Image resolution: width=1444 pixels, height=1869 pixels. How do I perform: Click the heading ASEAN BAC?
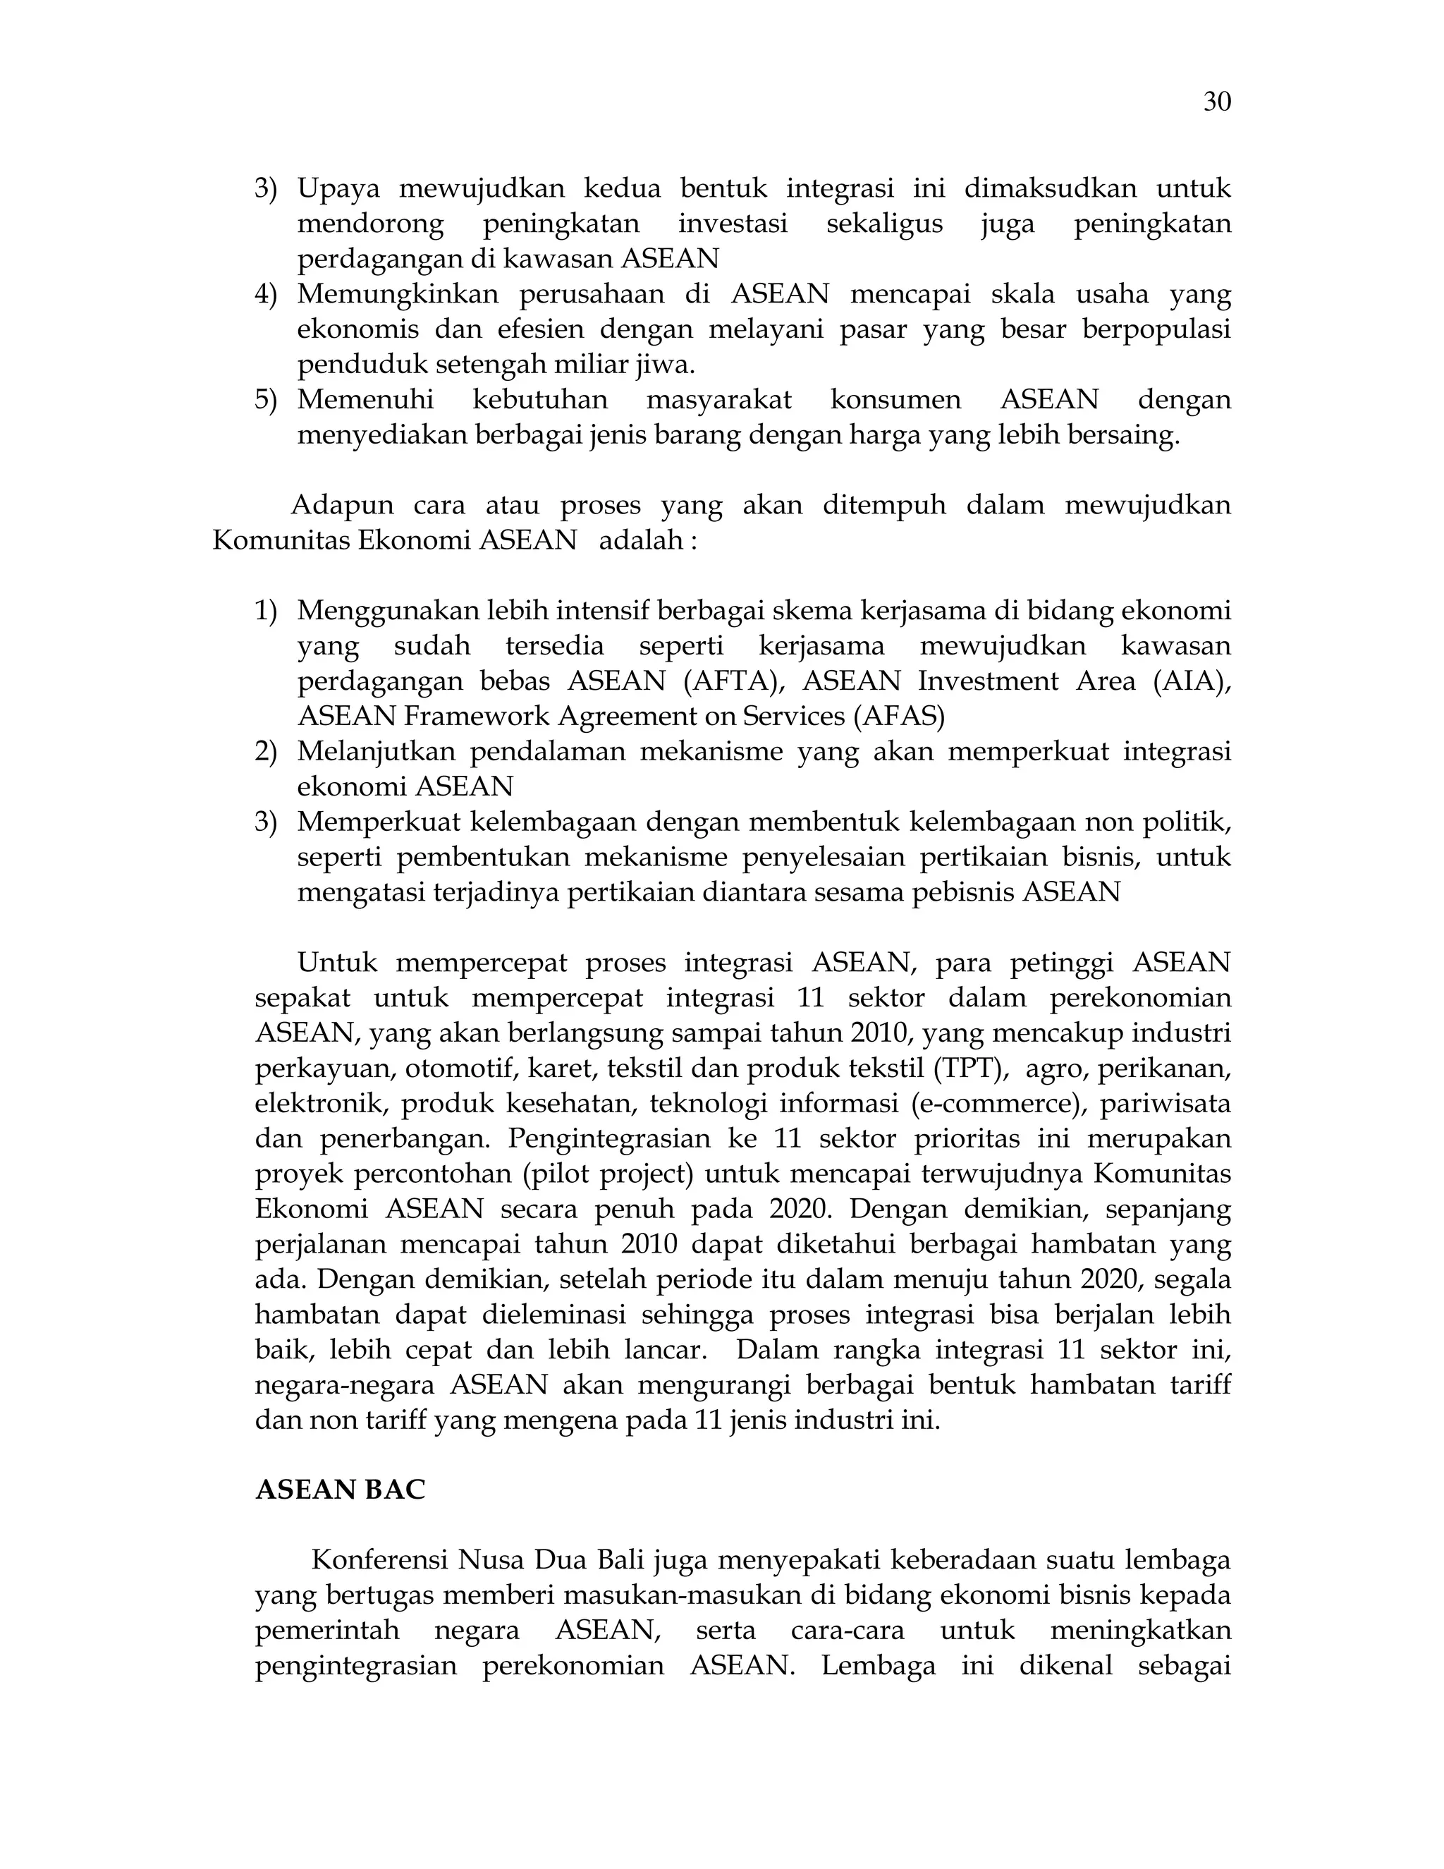(x=340, y=1490)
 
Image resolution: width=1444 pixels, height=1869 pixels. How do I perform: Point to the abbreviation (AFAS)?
(x=899, y=717)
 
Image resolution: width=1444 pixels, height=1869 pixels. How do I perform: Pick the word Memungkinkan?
(x=398, y=294)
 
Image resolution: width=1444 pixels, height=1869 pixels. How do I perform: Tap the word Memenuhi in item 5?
(x=365, y=400)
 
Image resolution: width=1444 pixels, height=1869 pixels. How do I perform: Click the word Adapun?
(x=342, y=505)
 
